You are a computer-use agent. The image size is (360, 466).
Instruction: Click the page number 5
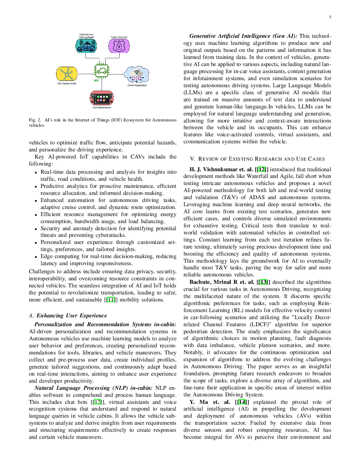pyautogui.click(x=330, y=17)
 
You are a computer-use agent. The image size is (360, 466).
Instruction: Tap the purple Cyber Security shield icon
pyautogui.click(x=119, y=46)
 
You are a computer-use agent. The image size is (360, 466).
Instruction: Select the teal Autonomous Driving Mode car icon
pyautogui.click(x=86, y=46)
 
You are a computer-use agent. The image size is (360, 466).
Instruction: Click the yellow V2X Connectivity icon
pyautogui.click(x=67, y=74)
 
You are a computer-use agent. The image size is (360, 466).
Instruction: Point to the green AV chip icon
pyautogui.click(x=102, y=71)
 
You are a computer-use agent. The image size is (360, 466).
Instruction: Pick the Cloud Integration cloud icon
pyautogui.click(x=137, y=74)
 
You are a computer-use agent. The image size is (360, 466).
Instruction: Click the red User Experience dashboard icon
pyautogui.click(x=102, y=98)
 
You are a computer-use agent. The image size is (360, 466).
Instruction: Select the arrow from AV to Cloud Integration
pyautogui.click(x=116, y=74)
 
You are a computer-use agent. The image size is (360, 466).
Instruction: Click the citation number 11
pyautogui.click(x=111, y=300)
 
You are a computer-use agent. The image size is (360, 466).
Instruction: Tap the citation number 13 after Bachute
pyautogui.click(x=263, y=282)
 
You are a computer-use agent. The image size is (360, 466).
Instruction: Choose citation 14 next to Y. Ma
pyautogui.click(x=242, y=402)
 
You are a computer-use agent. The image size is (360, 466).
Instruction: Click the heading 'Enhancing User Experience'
pyautogui.click(x=72, y=316)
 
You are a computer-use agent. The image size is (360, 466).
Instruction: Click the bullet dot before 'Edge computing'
pyautogui.click(x=36, y=257)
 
